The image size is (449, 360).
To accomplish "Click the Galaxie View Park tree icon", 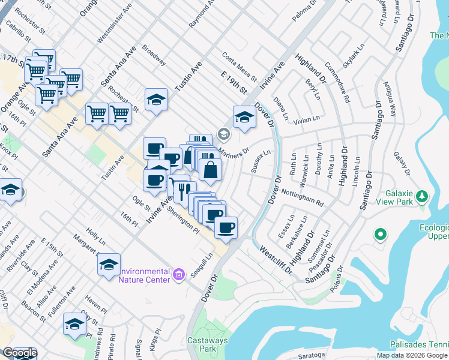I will pyautogui.click(x=422, y=196).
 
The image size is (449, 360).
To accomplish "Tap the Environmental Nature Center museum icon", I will pyautogui.click(x=178, y=275).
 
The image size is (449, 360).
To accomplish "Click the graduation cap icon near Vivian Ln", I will pyautogui.click(x=244, y=118).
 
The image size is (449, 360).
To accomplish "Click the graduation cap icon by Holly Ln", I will pyautogui.click(x=109, y=265).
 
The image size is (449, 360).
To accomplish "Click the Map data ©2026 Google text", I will pyautogui.click(x=412, y=355).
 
